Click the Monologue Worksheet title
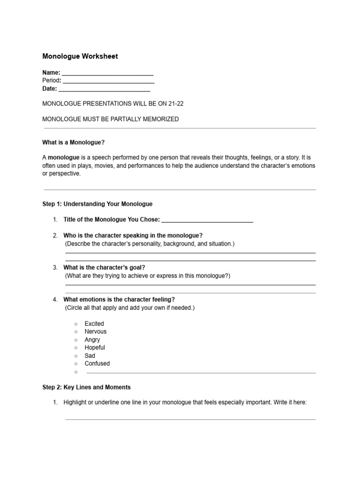coord(80,56)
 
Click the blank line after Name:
coord(107,74)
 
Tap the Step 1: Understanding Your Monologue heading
coord(97,204)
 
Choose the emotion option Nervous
coord(95,331)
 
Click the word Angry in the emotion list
coord(92,339)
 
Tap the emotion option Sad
coord(90,355)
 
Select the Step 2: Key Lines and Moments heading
coord(86,387)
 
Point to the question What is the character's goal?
coord(104,267)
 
